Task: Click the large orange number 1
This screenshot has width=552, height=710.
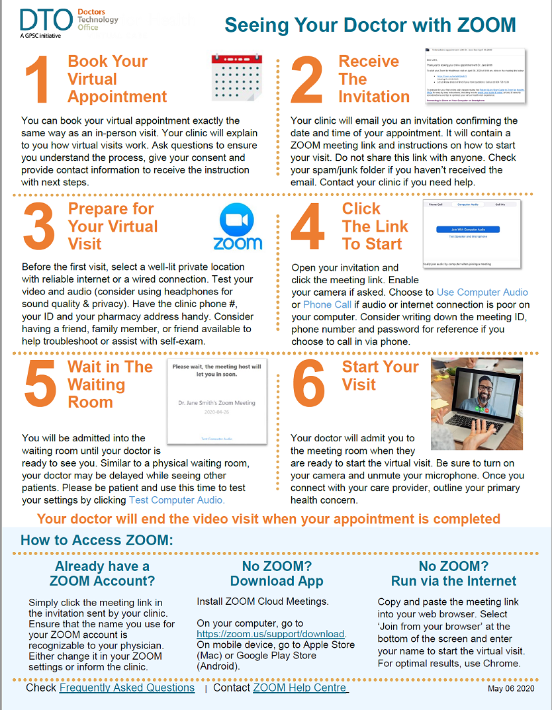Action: pyautogui.click(x=38, y=79)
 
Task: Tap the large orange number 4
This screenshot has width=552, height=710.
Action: pyautogui.click(x=308, y=227)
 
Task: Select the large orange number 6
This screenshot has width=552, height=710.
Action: pyautogui.click(x=308, y=384)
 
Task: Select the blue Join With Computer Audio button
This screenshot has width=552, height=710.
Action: pyautogui.click(x=467, y=229)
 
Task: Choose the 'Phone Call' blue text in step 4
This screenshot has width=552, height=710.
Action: pyautogui.click(x=327, y=304)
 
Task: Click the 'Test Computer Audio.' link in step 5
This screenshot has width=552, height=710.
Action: pyautogui.click(x=177, y=500)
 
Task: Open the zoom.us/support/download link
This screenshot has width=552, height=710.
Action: pyautogui.click(x=271, y=634)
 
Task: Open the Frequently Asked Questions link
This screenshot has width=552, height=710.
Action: pyautogui.click(x=127, y=688)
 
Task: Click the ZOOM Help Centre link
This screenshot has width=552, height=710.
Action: pyautogui.click(x=300, y=688)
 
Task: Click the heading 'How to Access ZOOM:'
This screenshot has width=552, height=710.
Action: pyautogui.click(x=97, y=540)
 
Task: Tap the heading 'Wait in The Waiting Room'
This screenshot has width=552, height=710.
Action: pyautogui.click(x=110, y=384)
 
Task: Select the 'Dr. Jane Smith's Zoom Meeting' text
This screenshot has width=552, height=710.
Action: pyautogui.click(x=216, y=402)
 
